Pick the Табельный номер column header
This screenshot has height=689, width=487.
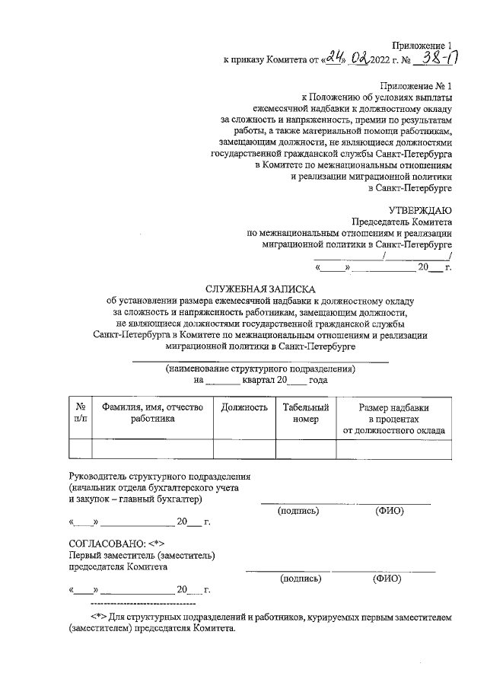pos(305,413)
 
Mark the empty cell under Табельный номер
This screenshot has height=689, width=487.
pos(305,449)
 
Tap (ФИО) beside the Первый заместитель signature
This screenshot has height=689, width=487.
pos(387,578)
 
